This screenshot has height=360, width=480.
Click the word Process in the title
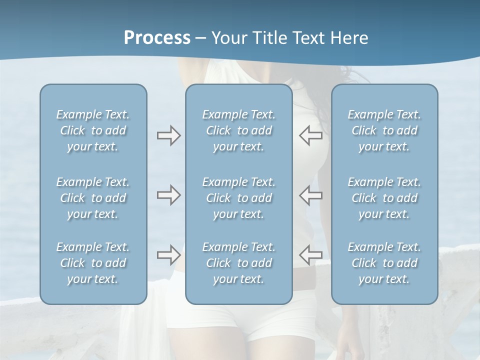click(x=157, y=38)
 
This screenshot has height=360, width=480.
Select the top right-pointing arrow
click(x=168, y=135)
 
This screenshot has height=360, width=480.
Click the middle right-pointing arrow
click(x=168, y=195)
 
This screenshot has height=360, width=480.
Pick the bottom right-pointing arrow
click(x=168, y=255)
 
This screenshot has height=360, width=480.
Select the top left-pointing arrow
click(x=311, y=135)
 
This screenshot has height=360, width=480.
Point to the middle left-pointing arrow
click(x=311, y=195)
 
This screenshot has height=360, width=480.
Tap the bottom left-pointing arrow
click(x=311, y=255)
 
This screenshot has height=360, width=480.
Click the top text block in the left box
click(x=93, y=130)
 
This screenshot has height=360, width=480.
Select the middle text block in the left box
click(x=93, y=198)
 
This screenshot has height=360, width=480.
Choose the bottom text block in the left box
click(x=93, y=263)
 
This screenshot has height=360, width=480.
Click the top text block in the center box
click(x=239, y=130)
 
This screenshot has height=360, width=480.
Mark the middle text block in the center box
click(x=239, y=198)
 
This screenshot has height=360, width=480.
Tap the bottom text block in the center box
click(x=239, y=263)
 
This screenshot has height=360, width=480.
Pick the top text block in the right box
click(x=384, y=130)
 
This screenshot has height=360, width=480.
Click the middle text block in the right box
click(x=384, y=198)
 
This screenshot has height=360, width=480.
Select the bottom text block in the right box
click(x=384, y=263)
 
